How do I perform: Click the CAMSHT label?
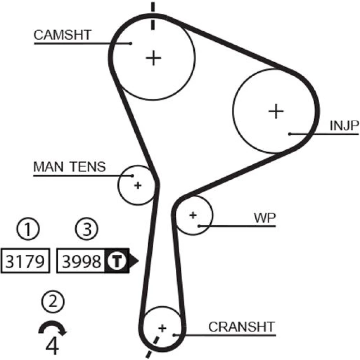pos(63,35)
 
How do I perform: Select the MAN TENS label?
pos(69,167)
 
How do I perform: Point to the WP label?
pos(265,218)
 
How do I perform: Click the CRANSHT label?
pos(241,327)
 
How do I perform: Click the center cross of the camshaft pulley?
pos(154,58)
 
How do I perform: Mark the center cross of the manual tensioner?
pos(138,186)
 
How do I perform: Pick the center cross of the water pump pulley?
pos(193,215)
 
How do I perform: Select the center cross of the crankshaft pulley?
pos(162,328)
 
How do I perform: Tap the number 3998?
pos(81,261)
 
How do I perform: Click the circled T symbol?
pos(116,261)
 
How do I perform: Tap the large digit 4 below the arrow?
pos(53,346)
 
